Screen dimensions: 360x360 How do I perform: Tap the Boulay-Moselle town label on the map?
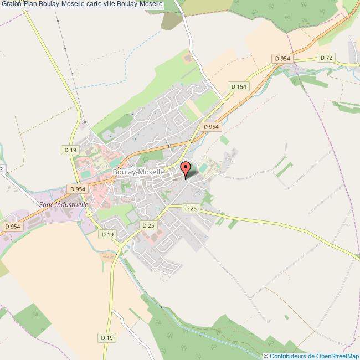pyautogui.click(x=138, y=172)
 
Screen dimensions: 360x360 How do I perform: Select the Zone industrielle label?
pyautogui.click(x=64, y=204)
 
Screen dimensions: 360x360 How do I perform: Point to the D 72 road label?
pyautogui.click(x=326, y=57)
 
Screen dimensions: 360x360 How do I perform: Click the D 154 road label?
pyautogui.click(x=238, y=86)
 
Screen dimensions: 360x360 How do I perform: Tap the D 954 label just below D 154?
pyautogui.click(x=212, y=127)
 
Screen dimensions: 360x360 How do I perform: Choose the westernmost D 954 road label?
pyautogui.click(x=12, y=226)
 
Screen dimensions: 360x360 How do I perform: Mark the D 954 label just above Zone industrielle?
pyautogui.click(x=78, y=189)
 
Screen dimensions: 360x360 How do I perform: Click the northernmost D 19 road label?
pyautogui.click(x=70, y=150)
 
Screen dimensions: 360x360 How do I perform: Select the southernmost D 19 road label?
pyautogui.click(x=107, y=337)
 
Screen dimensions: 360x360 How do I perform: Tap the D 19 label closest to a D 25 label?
pyautogui.click(x=107, y=234)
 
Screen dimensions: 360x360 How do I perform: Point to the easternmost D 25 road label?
pyautogui.click(x=190, y=208)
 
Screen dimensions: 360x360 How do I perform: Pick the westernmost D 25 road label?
pyautogui.click(x=148, y=225)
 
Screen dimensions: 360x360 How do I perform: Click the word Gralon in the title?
pyautogui.click(x=11, y=4)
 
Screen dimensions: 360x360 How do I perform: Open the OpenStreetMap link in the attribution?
pyautogui.click(x=337, y=356)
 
